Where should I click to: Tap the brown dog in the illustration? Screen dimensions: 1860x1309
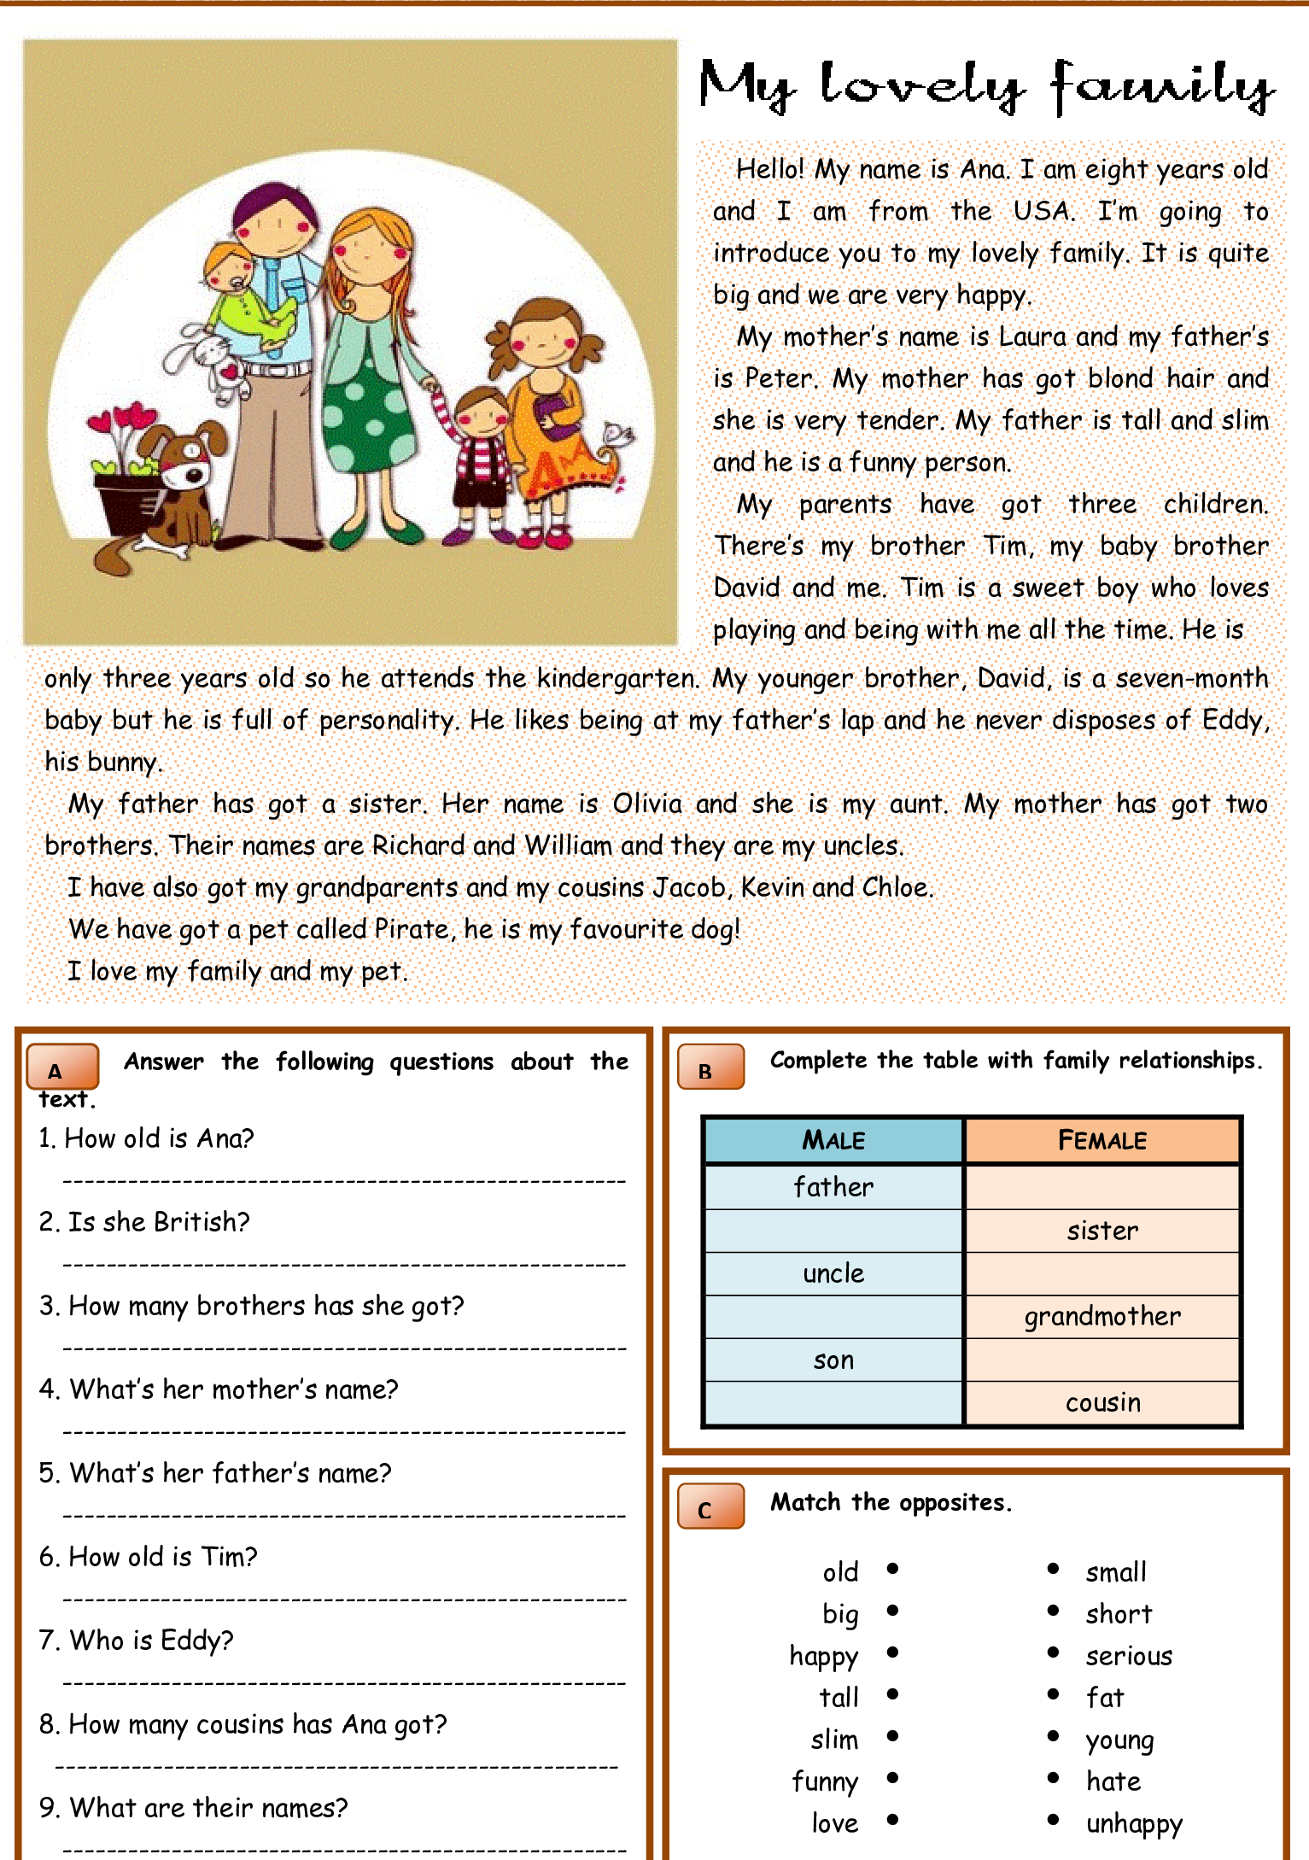(175, 487)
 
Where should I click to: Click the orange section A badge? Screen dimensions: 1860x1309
(62, 1067)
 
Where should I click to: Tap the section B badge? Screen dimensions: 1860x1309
(710, 1067)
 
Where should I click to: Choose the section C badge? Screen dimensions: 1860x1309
(710, 1506)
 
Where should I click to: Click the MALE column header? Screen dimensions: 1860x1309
(833, 1140)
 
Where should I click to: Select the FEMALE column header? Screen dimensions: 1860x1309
(1102, 1140)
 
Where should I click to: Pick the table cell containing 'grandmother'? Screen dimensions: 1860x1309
(1102, 1317)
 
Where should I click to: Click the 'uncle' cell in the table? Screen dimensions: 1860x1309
(833, 1273)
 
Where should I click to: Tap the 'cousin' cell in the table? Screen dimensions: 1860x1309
(1102, 1402)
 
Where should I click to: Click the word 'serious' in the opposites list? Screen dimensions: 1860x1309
(1129, 1656)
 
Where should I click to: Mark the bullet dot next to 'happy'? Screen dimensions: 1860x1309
(892, 1652)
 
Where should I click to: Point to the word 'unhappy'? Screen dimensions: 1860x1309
(1134, 1824)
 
